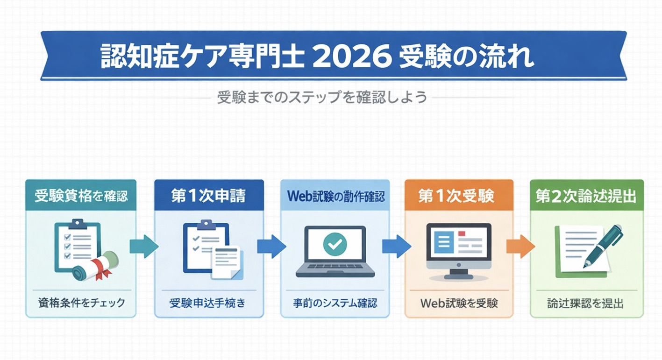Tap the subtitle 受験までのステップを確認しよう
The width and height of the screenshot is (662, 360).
(x=322, y=98)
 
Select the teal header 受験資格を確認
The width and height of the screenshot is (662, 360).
(x=81, y=196)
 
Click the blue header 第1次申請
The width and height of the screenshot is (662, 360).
(x=209, y=196)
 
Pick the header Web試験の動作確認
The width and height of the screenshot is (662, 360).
(x=335, y=196)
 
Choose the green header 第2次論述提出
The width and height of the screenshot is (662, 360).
(x=586, y=196)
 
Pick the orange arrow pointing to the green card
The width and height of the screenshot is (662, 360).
(x=520, y=247)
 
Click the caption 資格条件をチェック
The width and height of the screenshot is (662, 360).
(x=81, y=303)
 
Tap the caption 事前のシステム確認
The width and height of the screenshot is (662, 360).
(x=335, y=303)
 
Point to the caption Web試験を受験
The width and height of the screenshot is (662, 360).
(x=459, y=303)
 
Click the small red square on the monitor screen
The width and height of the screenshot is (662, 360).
(x=462, y=233)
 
